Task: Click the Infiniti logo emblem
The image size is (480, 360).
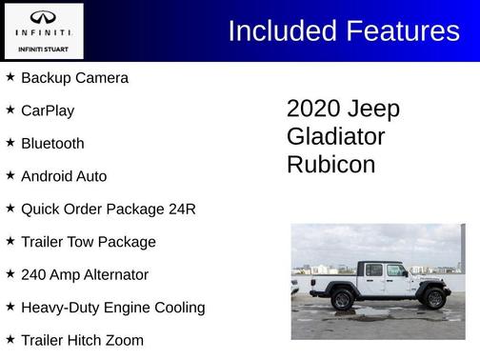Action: pyautogui.click(x=44, y=18)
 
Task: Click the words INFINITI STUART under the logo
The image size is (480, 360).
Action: pyautogui.click(x=44, y=49)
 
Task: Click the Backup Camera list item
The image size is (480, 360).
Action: pyautogui.click(x=74, y=78)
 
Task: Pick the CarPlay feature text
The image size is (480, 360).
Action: pyautogui.click(x=48, y=110)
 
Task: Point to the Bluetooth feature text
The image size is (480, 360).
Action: pyautogui.click(x=52, y=143)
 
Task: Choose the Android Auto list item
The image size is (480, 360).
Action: pyautogui.click(x=64, y=176)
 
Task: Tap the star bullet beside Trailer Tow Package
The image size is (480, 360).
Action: pyautogui.click(x=10, y=241)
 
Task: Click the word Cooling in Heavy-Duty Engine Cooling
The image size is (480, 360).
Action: pyautogui.click(x=178, y=308)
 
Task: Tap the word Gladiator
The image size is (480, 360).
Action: pyautogui.click(x=335, y=136)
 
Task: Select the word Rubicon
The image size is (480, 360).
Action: pyautogui.click(x=330, y=164)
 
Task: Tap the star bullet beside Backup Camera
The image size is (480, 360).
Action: pyautogui.click(x=10, y=77)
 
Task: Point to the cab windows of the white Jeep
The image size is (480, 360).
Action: pyautogui.click(x=385, y=270)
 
